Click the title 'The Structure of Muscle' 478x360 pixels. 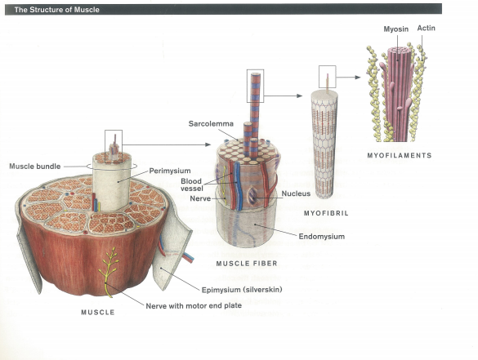pos(56,10)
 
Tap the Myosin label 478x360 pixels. pos(395,29)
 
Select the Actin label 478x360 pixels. pos(427,28)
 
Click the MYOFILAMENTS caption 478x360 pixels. pos(400,155)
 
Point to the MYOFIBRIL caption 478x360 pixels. pos(326,213)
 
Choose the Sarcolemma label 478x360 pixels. pos(211,123)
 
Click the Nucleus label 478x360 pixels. pos(296,193)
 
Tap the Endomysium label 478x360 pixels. pos(322,237)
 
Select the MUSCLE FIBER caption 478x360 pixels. pos(247,264)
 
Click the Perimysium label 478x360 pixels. pos(170,171)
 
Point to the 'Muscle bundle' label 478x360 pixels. pos(35,167)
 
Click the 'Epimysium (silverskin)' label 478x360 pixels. pos(242,289)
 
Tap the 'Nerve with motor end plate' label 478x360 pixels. pos(194,305)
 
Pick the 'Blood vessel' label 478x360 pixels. pos(192,184)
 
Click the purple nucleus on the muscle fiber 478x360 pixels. pos(252,195)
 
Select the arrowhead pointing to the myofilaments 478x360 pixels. pos(358,78)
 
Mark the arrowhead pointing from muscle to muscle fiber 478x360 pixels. pos(208,144)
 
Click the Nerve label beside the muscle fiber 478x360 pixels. pos(200,198)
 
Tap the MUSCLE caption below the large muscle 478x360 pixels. pos(98,312)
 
